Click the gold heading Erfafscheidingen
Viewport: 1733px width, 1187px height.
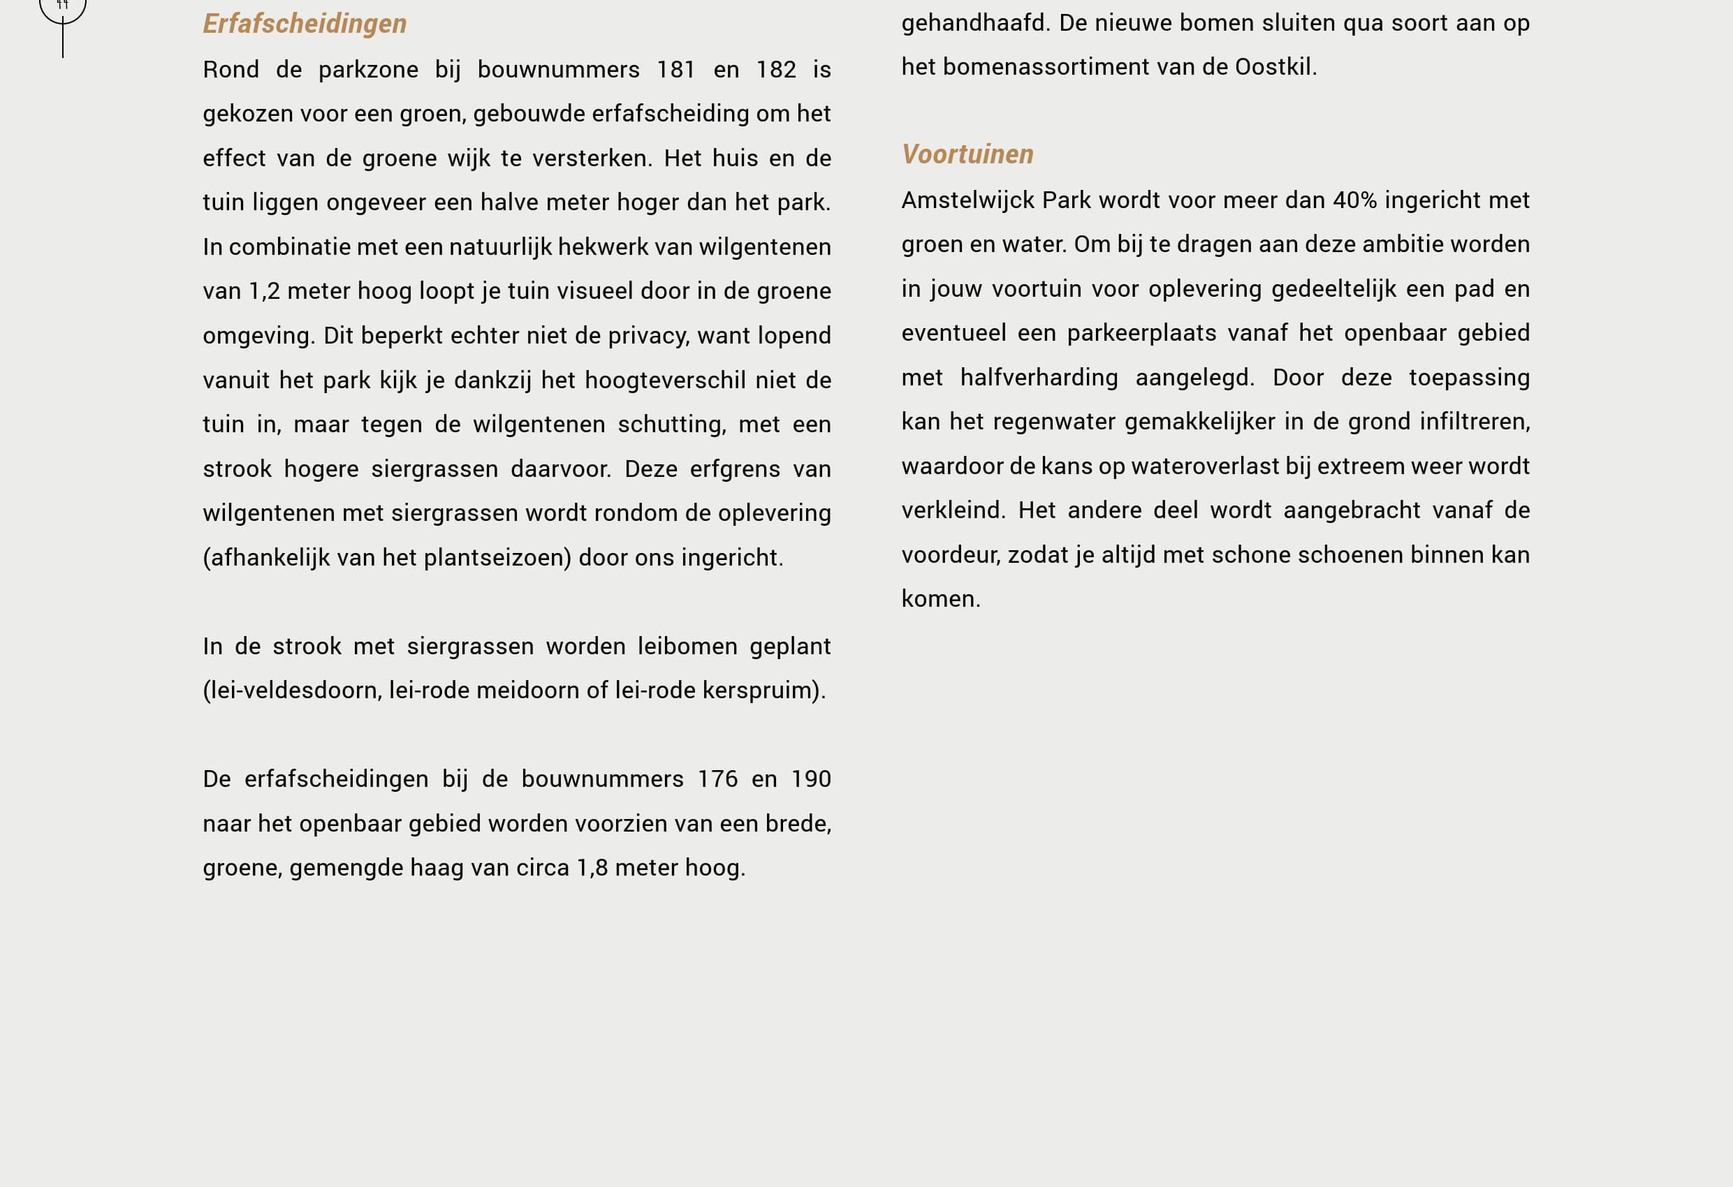pos(305,24)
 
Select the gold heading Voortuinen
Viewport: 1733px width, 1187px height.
pos(967,154)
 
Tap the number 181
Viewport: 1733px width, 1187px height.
pos(675,69)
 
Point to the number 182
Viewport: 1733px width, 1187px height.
pos(775,69)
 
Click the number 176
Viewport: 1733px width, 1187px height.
pos(717,779)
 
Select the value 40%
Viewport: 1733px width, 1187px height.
pos(1354,200)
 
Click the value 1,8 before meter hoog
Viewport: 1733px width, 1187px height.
pos(592,867)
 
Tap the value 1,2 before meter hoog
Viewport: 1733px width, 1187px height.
pos(264,290)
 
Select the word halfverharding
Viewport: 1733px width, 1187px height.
pos(1039,377)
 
